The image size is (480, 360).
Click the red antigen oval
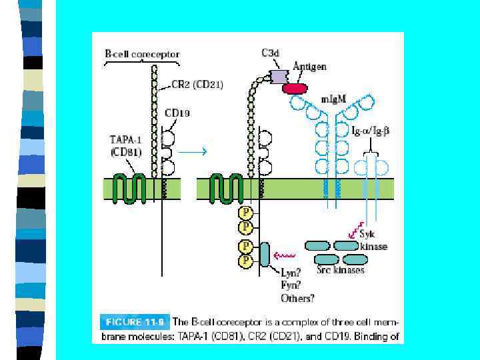click(295, 88)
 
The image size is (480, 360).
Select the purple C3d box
click(279, 76)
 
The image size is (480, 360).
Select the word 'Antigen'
click(309, 67)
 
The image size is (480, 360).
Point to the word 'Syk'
click(367, 234)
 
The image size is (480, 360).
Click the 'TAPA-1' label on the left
click(125, 139)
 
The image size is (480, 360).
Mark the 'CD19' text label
click(177, 113)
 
